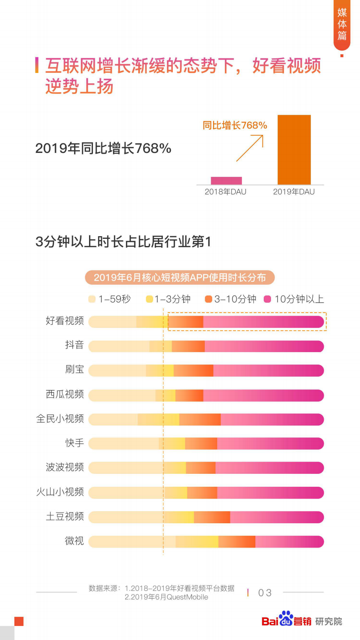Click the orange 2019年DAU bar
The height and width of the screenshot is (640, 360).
click(x=294, y=150)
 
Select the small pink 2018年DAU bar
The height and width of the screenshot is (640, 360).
click(x=226, y=181)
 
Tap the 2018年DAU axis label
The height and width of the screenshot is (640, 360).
click(x=225, y=192)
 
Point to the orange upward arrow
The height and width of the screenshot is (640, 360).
click(x=250, y=148)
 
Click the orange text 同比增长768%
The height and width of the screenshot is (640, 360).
click(x=234, y=125)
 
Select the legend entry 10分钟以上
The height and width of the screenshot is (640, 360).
click(x=294, y=299)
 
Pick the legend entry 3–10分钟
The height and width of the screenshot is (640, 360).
click(x=231, y=299)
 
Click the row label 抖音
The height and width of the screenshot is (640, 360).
click(x=74, y=345)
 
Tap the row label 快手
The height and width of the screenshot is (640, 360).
click(x=74, y=443)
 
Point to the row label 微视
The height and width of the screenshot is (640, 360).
click(x=74, y=541)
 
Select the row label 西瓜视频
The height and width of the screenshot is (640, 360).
click(x=65, y=394)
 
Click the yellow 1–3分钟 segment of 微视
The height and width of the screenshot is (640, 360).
click(x=197, y=542)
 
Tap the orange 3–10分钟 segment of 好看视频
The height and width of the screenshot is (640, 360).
click(x=186, y=322)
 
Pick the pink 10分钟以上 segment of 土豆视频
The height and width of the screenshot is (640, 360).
click(x=277, y=517)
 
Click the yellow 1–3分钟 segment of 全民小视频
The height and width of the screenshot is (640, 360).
click(x=158, y=419)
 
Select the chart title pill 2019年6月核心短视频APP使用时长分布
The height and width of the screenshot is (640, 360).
click(x=180, y=278)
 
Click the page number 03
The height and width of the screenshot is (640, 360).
click(x=265, y=593)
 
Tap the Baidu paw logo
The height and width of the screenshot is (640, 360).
click(x=286, y=619)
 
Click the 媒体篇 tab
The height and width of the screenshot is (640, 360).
click(x=342, y=25)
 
